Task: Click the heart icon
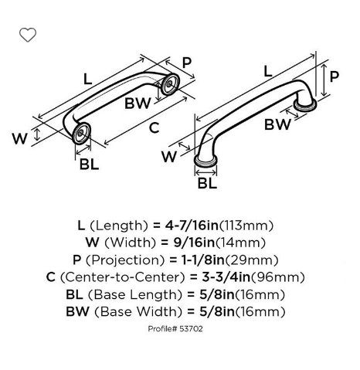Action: tap(28, 35)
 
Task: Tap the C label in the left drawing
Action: tap(155, 128)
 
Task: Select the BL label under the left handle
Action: tap(90, 164)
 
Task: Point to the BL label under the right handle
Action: tap(207, 183)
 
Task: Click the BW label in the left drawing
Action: tap(138, 104)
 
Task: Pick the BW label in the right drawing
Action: tap(277, 124)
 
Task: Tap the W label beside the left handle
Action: tap(19, 138)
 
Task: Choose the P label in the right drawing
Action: tap(335, 76)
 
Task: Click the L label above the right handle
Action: tap(268, 71)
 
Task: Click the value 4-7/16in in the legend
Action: tap(192, 226)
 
